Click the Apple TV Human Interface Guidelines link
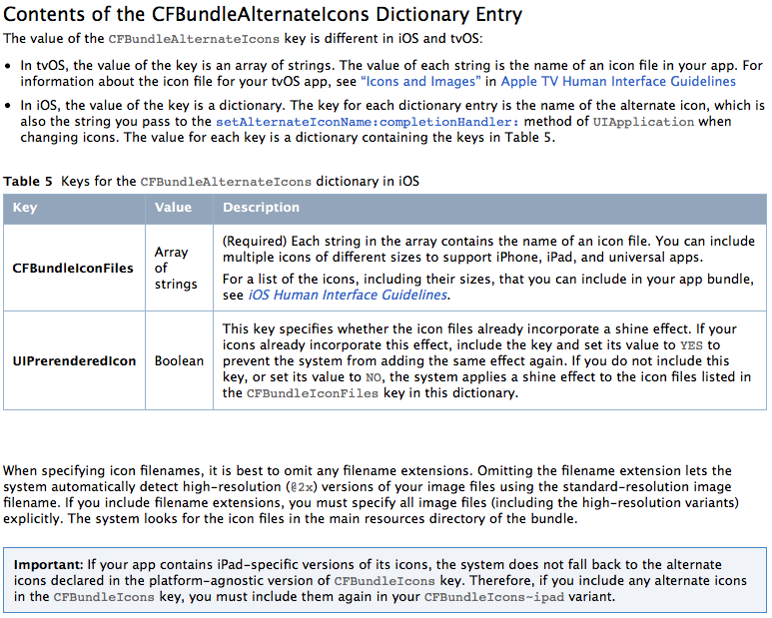[618, 81]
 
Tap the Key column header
[25, 208]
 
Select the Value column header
[173, 208]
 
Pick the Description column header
[261, 208]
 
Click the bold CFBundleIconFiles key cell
[73, 268]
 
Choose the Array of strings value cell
[176, 268]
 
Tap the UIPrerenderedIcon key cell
[74, 360]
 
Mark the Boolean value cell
[179, 360]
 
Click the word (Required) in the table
[252, 241]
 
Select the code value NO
[374, 376]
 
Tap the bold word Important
[49, 565]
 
